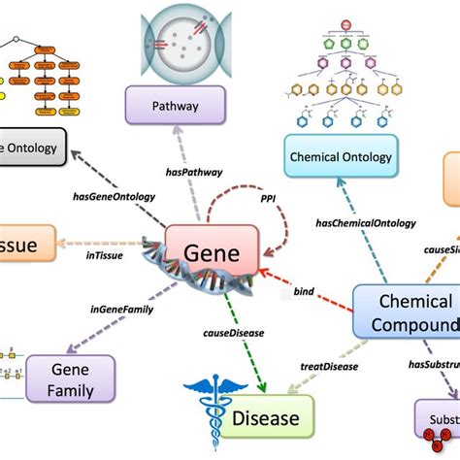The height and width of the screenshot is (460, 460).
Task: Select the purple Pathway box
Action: point(176,106)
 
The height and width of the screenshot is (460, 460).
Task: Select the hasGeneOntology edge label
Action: point(113,196)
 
